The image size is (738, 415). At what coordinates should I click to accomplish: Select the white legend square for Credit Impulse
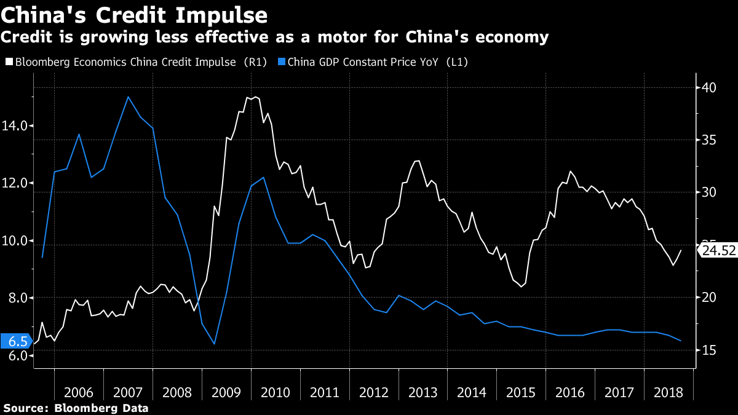tap(8, 61)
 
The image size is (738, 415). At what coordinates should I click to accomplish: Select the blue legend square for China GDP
tap(282, 61)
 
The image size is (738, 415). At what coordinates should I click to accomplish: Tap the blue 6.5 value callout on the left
tap(15, 342)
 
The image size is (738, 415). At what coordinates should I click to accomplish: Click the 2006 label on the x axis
tap(79, 393)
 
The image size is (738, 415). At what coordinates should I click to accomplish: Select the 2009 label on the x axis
tap(226, 393)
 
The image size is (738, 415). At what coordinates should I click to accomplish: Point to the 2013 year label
tap(423, 393)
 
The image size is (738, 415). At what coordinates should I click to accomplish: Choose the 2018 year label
tap(669, 393)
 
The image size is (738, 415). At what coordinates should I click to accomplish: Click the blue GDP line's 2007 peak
tap(128, 97)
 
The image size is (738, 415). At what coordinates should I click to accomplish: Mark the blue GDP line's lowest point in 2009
tap(214, 344)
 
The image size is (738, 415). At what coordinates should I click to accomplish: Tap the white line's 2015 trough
tap(522, 287)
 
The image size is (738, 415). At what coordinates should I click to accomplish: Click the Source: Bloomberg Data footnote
tap(76, 408)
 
